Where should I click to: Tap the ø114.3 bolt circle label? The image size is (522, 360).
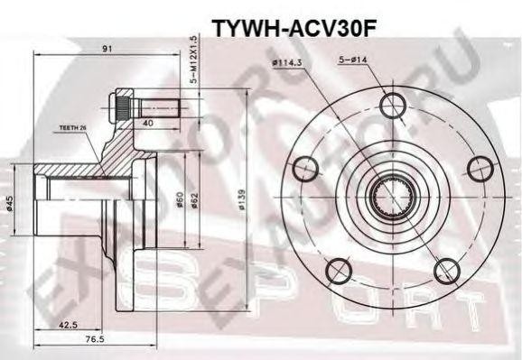(x=286, y=63)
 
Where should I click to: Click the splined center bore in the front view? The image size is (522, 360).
(x=392, y=195)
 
